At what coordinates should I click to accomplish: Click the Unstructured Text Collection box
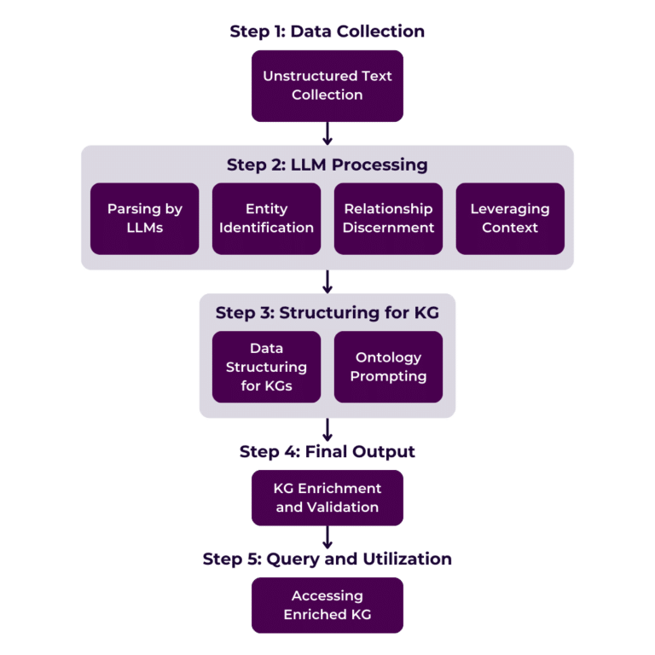point(327,85)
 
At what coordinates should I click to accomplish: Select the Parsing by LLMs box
point(144,218)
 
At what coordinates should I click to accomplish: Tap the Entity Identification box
point(266,218)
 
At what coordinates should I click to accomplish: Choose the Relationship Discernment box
point(388,218)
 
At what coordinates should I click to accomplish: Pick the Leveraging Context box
point(510,218)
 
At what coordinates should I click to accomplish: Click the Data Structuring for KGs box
point(266,367)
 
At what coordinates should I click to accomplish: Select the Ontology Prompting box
point(388,367)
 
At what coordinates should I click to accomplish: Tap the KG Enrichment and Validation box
point(327,497)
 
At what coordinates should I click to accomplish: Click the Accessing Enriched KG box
point(327,605)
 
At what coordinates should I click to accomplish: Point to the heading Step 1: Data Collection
point(327,32)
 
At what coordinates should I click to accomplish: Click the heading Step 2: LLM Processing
point(327,164)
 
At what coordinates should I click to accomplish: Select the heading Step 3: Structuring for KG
point(327,312)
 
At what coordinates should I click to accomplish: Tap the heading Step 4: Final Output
point(327,451)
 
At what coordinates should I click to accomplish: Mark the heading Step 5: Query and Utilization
point(327,559)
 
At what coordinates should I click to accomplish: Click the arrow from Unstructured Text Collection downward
point(327,133)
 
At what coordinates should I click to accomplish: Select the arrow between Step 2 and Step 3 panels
point(327,282)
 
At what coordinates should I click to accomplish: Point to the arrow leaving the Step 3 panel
point(327,430)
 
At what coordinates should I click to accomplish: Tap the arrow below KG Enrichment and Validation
point(327,538)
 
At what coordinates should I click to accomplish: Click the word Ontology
point(388,357)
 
